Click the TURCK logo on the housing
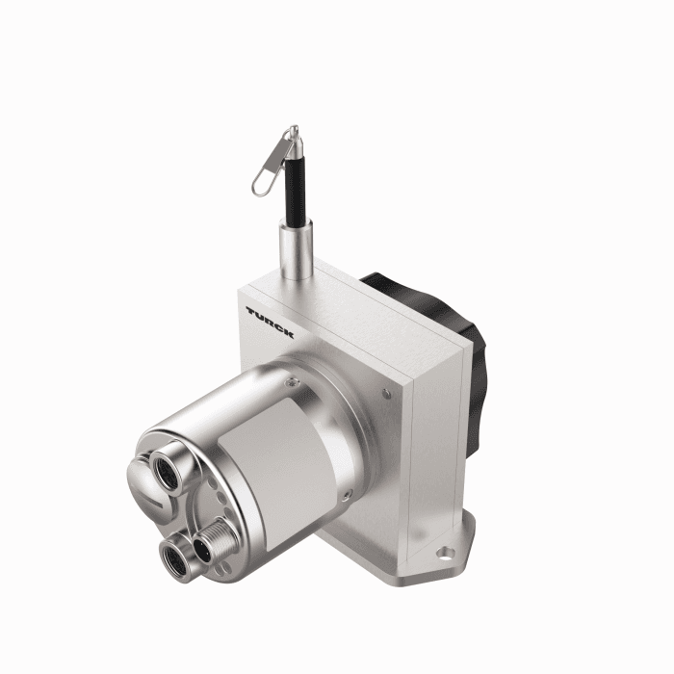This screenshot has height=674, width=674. (270, 322)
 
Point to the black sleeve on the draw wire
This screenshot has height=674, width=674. (290, 193)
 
